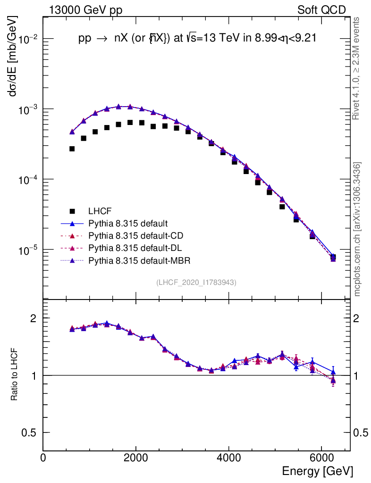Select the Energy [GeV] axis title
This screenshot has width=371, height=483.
317,471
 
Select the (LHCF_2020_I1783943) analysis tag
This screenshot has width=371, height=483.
196,282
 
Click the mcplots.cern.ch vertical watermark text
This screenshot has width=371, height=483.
357,229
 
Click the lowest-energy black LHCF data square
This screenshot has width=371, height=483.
72,149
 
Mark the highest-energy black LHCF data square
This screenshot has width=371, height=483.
333,257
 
